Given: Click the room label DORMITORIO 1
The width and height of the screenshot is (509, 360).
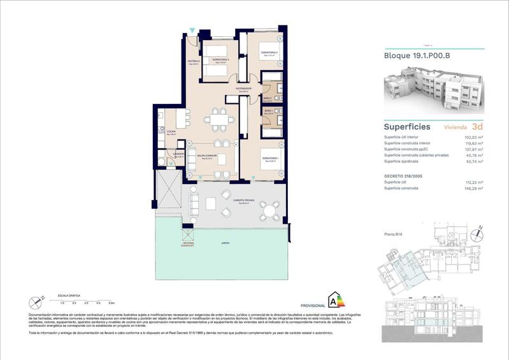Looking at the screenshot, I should coord(270,158).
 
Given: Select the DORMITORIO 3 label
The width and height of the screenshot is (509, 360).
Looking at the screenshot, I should coord(221,59).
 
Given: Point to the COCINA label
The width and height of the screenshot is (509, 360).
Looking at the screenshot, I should coord(171,132).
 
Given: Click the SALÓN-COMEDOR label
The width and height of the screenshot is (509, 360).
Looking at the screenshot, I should coord(206,156).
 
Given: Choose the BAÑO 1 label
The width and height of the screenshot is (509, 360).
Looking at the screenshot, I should coord(269,112).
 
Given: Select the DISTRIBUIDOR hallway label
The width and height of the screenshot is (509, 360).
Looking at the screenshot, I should coord(244,89).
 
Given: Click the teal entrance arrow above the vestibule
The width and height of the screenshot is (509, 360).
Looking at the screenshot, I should coord(192,31).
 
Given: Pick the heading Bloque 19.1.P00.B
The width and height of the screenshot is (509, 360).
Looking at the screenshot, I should coord(417,55).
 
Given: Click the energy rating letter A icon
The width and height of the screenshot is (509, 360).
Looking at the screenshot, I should coord(334,299).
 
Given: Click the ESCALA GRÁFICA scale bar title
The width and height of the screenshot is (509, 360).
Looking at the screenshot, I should coord(69,296).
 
